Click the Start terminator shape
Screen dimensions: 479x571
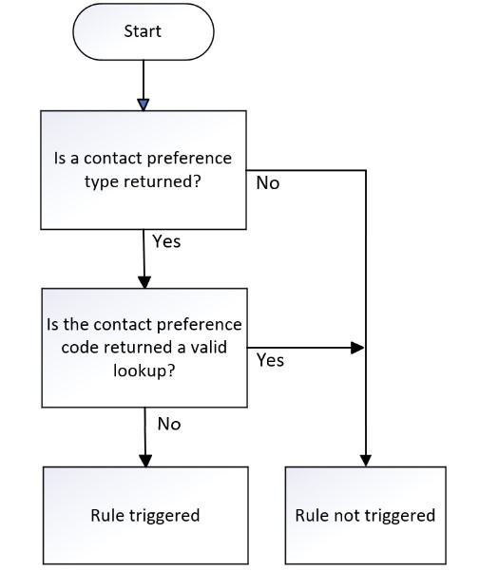(144, 31)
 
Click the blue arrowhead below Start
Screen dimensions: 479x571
(144, 105)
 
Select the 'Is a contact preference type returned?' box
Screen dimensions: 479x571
(144, 170)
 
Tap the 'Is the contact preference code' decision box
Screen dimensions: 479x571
(144, 348)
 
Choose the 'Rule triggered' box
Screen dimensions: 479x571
(145, 515)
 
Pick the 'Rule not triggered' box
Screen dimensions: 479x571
(365, 515)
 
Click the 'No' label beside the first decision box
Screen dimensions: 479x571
(268, 182)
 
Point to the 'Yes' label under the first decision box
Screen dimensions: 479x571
(166, 241)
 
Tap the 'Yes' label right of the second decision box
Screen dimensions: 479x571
(270, 360)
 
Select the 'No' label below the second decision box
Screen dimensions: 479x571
(169, 424)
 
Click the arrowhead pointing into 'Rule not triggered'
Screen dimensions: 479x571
(365, 461)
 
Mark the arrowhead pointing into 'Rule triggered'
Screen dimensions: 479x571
(145, 461)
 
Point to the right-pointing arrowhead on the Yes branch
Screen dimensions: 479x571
(357, 348)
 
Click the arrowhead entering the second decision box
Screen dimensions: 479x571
(144, 282)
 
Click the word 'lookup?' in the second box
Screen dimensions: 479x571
(144, 371)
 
